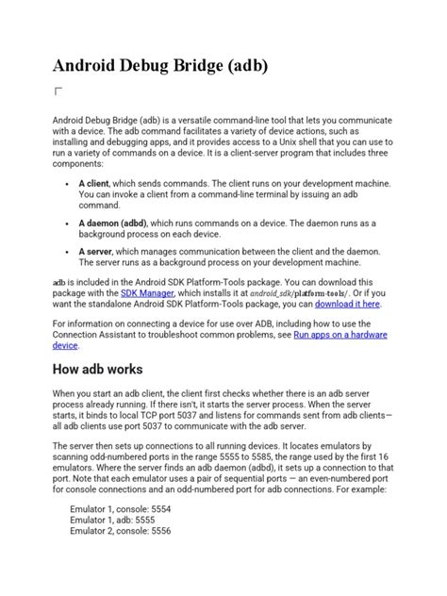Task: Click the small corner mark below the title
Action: click(58, 91)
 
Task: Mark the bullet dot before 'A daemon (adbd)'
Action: click(70, 223)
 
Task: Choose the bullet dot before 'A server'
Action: click(70, 252)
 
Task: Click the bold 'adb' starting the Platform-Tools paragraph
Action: click(58, 282)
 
